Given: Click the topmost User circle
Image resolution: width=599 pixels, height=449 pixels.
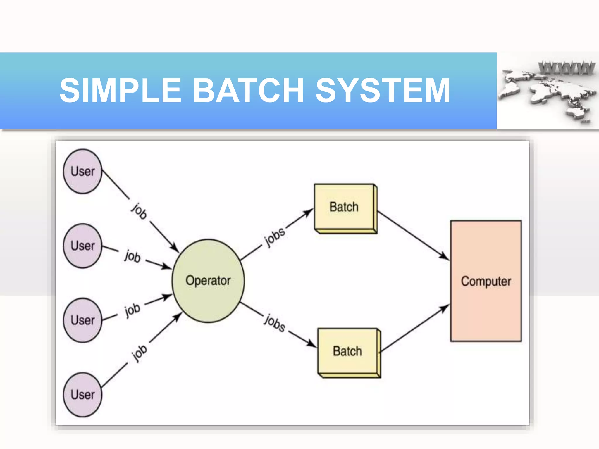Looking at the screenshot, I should (83, 171).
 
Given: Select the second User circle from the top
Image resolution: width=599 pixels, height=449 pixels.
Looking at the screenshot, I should (83, 246).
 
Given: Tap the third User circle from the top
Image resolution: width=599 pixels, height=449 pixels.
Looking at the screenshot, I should (83, 320).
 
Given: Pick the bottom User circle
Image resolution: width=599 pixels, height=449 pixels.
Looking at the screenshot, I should (83, 394).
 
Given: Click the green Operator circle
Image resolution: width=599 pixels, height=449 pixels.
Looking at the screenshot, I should (208, 281).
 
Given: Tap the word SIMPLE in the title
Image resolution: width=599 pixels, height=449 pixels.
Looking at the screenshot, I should (121, 91).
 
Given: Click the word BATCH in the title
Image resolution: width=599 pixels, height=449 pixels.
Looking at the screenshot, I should (248, 91).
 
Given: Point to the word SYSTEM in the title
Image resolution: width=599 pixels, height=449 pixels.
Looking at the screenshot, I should (383, 91).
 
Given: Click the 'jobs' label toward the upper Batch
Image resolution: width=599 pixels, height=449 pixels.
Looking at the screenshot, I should (274, 237).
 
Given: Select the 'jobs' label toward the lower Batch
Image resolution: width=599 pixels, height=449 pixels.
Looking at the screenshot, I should (274, 323).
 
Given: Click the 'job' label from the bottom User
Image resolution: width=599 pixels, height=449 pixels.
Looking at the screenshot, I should (140, 353).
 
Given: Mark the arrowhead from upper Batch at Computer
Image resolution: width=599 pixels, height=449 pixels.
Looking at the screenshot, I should (445, 257).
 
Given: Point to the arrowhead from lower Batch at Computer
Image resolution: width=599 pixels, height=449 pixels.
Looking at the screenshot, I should (445, 307).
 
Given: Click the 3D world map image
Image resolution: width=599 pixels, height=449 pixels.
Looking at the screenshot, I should (547, 94).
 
